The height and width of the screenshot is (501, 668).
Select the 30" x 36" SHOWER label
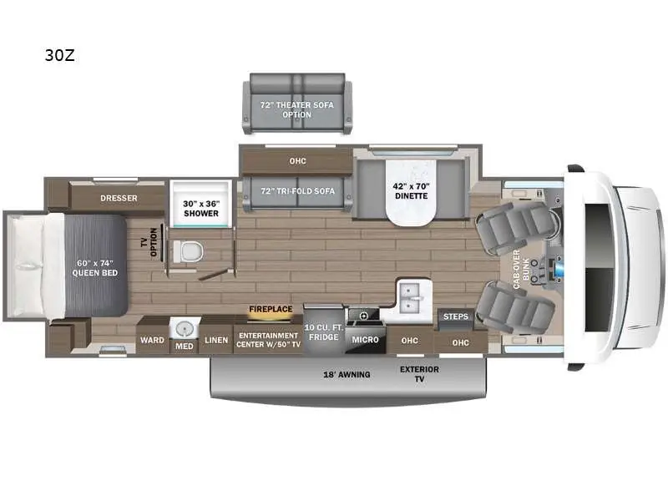point(201,207)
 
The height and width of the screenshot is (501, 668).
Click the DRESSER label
point(119,198)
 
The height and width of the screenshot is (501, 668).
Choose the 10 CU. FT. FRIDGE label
point(322,331)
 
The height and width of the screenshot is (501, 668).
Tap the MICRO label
point(365,340)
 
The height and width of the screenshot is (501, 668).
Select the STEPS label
point(456,316)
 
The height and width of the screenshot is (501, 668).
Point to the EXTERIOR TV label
point(418,374)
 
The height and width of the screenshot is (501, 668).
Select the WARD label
point(151,340)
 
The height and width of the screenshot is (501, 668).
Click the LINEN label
point(215,340)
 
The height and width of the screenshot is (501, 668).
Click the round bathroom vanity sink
point(182,328)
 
